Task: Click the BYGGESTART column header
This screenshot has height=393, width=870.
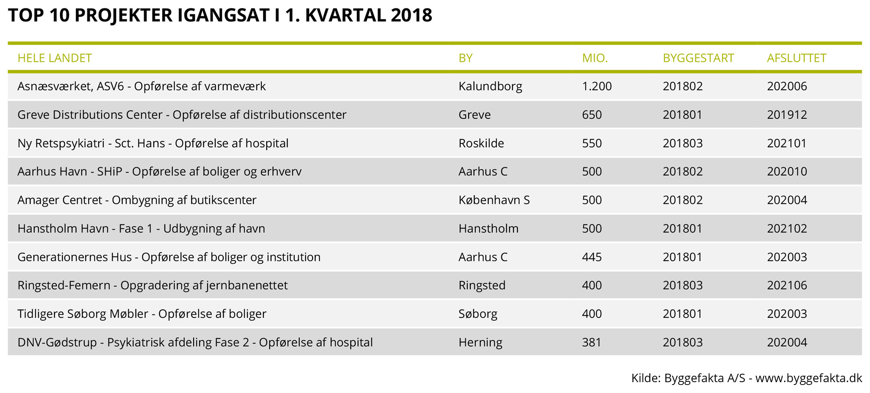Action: tap(698, 58)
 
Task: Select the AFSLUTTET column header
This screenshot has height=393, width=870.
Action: tap(796, 58)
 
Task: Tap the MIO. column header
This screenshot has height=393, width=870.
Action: tap(595, 58)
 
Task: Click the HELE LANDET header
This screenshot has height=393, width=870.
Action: tap(55, 58)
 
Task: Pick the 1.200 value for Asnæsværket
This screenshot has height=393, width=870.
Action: tap(597, 86)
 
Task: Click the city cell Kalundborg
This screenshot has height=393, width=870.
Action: tap(490, 86)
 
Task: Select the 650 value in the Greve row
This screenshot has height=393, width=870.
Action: tap(592, 115)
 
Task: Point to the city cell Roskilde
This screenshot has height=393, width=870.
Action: tap(481, 143)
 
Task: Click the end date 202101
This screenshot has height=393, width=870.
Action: tap(787, 143)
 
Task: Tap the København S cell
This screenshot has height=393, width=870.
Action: tap(494, 200)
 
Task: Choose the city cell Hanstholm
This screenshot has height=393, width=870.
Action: tap(488, 228)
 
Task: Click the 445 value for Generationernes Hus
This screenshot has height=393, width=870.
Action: tap(592, 257)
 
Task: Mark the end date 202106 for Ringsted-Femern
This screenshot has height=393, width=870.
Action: tap(787, 285)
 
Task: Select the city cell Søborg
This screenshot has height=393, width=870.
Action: tap(478, 314)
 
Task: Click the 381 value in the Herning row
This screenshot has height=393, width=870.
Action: tap(592, 342)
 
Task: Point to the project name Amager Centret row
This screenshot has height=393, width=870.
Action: tap(137, 200)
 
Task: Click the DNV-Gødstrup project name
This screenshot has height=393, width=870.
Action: tap(195, 342)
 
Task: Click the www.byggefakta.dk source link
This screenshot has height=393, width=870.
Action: tap(809, 378)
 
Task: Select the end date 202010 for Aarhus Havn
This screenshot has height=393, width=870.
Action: tap(787, 172)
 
